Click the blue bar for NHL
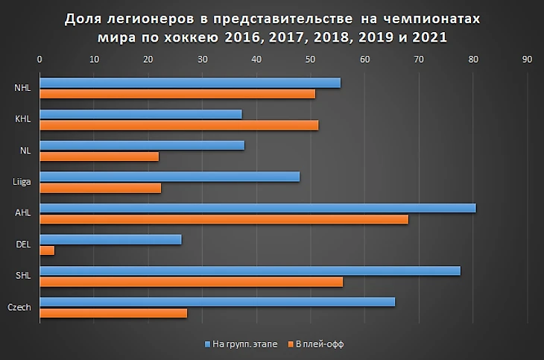(190, 83)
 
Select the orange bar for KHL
(179, 125)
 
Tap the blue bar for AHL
(257, 208)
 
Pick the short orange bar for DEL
(47, 250)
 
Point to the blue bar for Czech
(217, 302)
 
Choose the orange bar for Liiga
(100, 188)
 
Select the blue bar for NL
(142, 145)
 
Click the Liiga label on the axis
(22, 182)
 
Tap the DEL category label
(22, 244)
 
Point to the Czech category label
(19, 307)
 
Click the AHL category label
(22, 213)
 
